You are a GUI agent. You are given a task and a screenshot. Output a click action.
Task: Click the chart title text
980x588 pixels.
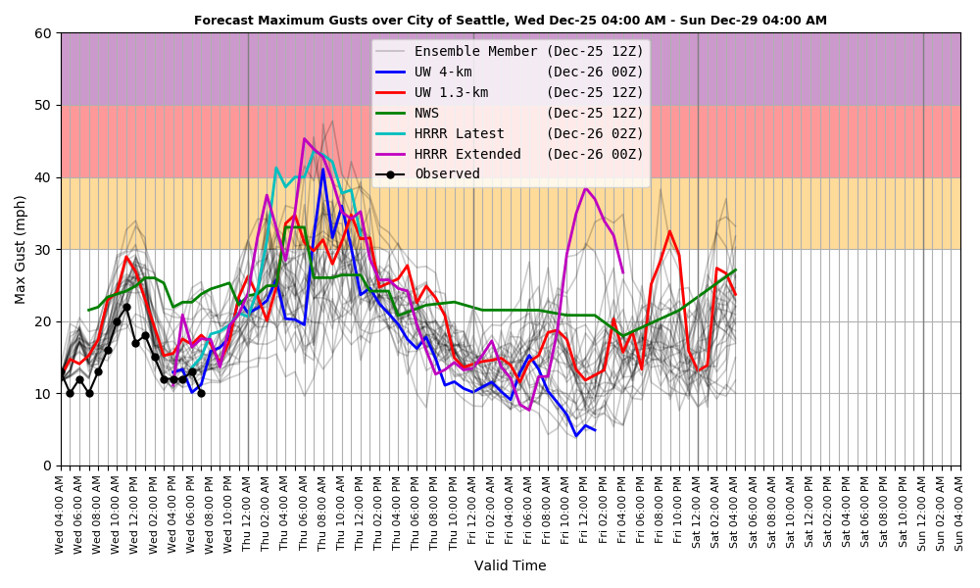pos(510,20)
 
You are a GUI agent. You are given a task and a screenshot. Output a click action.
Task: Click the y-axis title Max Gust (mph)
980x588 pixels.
pos(21,249)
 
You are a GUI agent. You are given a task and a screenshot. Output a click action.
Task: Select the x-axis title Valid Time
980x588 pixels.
pos(510,565)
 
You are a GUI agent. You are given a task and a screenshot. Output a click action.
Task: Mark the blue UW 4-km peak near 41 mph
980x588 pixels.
pos(323,170)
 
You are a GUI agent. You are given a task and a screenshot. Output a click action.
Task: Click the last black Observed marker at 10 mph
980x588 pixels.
pos(201,393)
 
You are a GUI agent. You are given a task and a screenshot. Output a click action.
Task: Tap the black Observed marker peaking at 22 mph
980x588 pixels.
pos(126,307)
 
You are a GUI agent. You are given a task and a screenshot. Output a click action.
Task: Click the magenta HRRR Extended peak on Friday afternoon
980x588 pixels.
pos(586,188)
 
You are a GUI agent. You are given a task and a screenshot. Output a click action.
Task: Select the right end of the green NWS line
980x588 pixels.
pos(735,270)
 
